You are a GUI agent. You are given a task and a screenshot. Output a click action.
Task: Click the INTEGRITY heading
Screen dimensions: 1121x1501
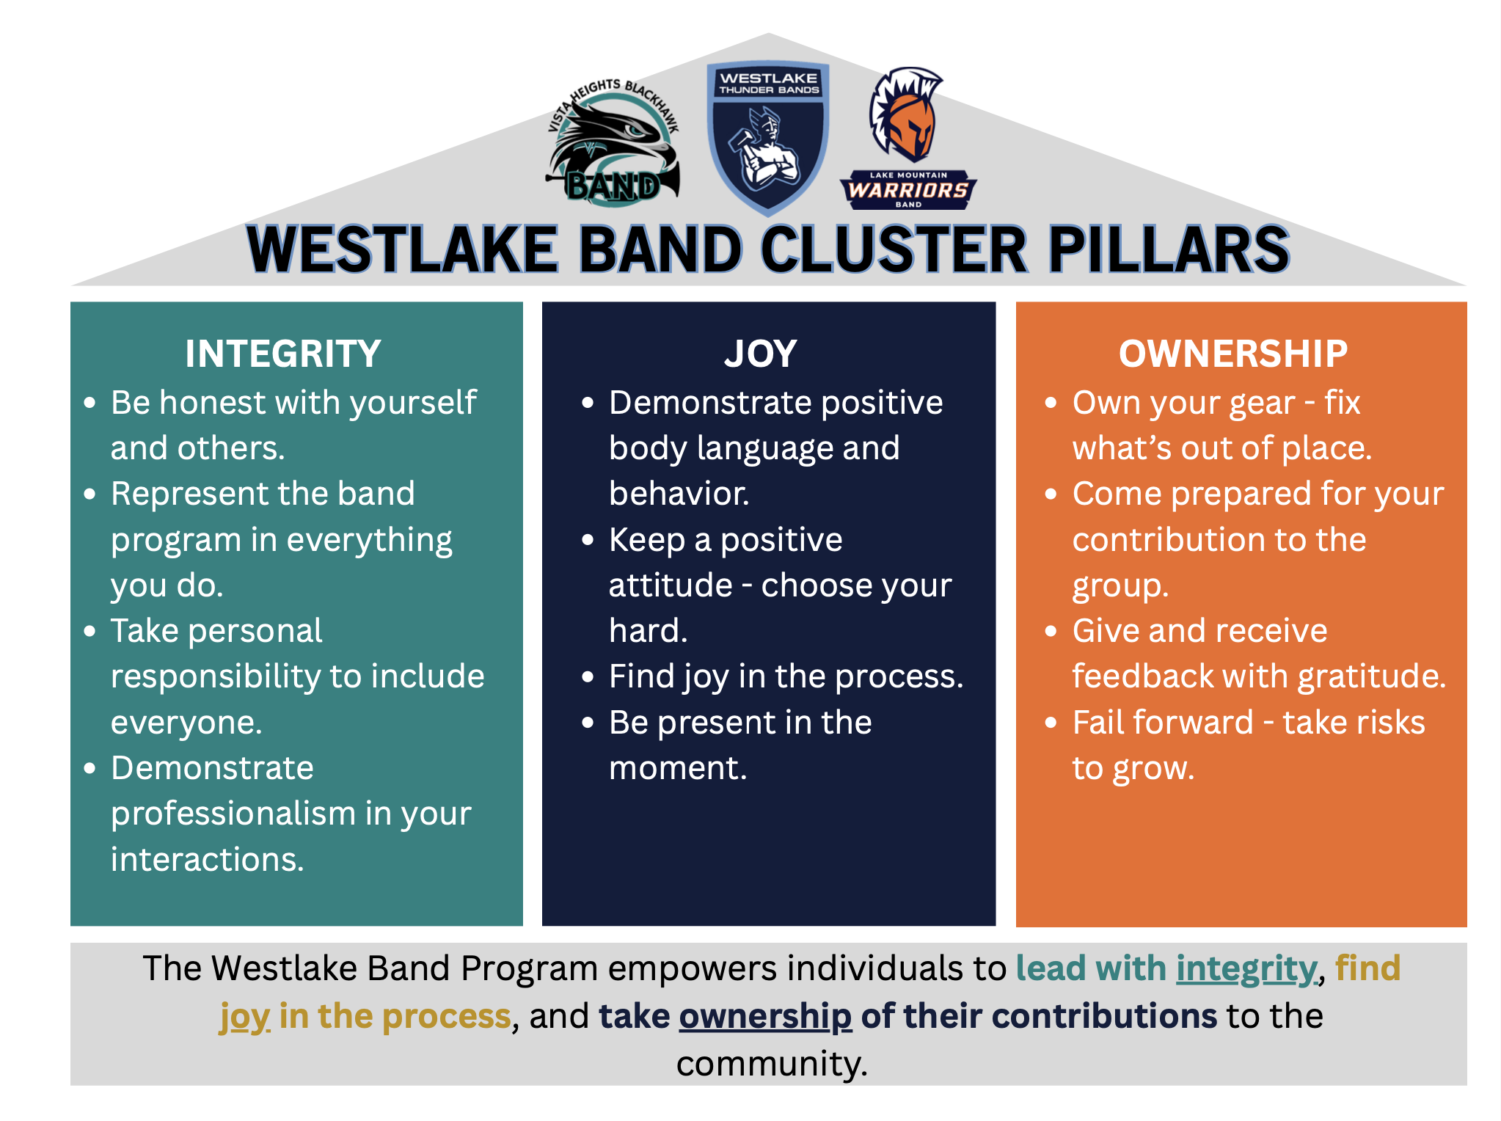pos(282,354)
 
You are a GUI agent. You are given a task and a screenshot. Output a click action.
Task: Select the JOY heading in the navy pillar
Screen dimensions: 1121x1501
pos(760,354)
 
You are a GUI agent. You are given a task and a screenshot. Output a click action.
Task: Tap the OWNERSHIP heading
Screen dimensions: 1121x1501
pos(1232,354)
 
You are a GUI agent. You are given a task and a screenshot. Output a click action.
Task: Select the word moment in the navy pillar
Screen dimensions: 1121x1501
pos(677,768)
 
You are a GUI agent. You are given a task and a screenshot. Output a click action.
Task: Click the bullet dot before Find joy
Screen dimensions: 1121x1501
pos(588,677)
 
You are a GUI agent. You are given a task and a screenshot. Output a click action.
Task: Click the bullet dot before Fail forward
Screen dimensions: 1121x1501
pos(1051,723)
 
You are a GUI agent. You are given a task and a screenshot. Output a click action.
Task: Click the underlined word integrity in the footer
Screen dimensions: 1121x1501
pos(1246,968)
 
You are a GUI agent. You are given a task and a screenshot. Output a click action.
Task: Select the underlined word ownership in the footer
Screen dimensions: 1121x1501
pos(765,1017)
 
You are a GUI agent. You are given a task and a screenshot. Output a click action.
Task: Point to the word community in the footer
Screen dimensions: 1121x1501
pos(772,1064)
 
